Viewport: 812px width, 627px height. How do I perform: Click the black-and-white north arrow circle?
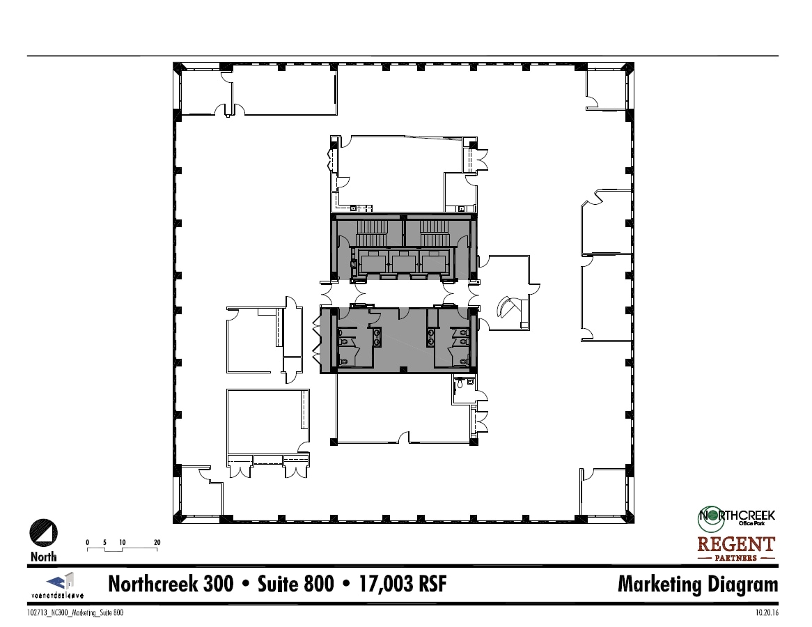coord(43,534)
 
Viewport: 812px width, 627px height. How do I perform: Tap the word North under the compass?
coord(44,557)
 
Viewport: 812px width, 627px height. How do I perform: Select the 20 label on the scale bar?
coord(157,542)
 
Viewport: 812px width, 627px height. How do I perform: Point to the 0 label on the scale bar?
coord(88,542)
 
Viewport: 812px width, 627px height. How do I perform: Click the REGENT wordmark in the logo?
coord(736,543)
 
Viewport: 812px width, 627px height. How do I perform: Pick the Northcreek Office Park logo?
coord(736,516)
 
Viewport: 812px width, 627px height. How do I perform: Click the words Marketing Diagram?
coord(697,585)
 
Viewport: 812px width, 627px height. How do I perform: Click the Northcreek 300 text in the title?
coord(171,585)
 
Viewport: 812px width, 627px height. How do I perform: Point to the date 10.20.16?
coord(766,613)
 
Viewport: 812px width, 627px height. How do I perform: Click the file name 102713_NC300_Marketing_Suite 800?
coord(76,613)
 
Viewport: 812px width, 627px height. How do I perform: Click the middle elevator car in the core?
coord(404,263)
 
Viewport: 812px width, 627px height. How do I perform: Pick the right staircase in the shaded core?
coord(433,229)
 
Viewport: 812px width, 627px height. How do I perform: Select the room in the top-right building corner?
coord(608,88)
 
